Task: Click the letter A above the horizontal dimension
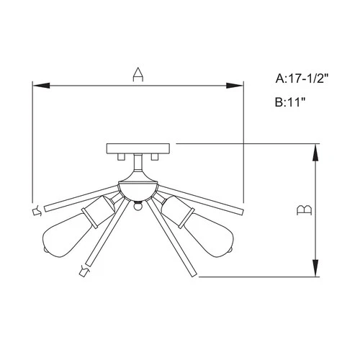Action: pos(137,73)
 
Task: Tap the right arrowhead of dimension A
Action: pos(235,86)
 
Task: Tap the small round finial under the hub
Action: pos(137,207)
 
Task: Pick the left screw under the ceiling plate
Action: pos(122,157)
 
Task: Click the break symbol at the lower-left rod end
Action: pos(83,271)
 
